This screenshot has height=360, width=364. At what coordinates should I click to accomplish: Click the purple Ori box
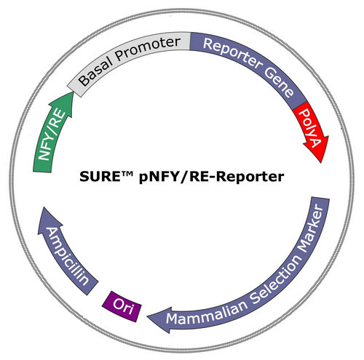click(x=122, y=306)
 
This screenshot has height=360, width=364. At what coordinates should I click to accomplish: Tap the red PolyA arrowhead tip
click(x=321, y=163)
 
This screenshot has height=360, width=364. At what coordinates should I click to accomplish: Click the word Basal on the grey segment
click(x=95, y=71)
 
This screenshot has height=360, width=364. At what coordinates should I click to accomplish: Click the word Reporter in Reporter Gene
click(x=232, y=52)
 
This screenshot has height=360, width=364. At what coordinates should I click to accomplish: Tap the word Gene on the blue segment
click(x=280, y=82)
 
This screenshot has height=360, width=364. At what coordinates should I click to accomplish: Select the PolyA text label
click(x=310, y=128)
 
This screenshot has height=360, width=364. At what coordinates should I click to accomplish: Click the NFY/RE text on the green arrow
click(x=52, y=135)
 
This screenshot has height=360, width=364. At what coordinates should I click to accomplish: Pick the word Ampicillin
click(x=67, y=256)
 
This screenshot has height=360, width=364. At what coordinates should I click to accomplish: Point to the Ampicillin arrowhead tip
click(x=43, y=207)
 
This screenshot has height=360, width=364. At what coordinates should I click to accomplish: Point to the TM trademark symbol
click(x=127, y=173)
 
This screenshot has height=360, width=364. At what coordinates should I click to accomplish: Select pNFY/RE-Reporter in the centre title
click(x=211, y=177)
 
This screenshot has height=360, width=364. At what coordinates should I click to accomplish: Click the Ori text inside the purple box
click(x=123, y=306)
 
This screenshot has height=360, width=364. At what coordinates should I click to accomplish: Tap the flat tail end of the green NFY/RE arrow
click(x=42, y=169)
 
